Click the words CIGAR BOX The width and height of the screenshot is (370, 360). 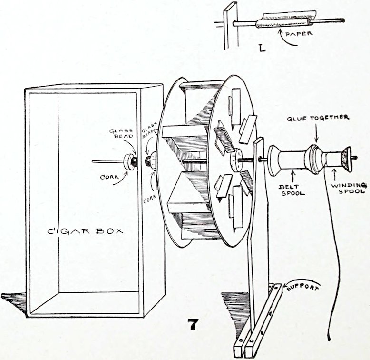[x=85, y=231]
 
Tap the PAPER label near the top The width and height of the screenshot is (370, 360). [x=299, y=33]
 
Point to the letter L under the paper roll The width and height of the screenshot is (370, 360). [x=262, y=49]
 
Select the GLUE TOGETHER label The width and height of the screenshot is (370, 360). [x=318, y=118]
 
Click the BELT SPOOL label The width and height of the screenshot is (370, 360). [x=292, y=190]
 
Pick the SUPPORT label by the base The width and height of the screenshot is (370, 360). [x=302, y=288]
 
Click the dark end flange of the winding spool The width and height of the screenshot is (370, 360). [x=346, y=158]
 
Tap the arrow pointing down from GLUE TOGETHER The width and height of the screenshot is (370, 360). [x=317, y=132]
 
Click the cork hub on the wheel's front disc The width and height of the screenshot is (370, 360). [x=235, y=160]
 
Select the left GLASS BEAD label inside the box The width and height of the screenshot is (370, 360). [x=121, y=133]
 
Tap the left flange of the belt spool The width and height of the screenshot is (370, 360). [x=273, y=160]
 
